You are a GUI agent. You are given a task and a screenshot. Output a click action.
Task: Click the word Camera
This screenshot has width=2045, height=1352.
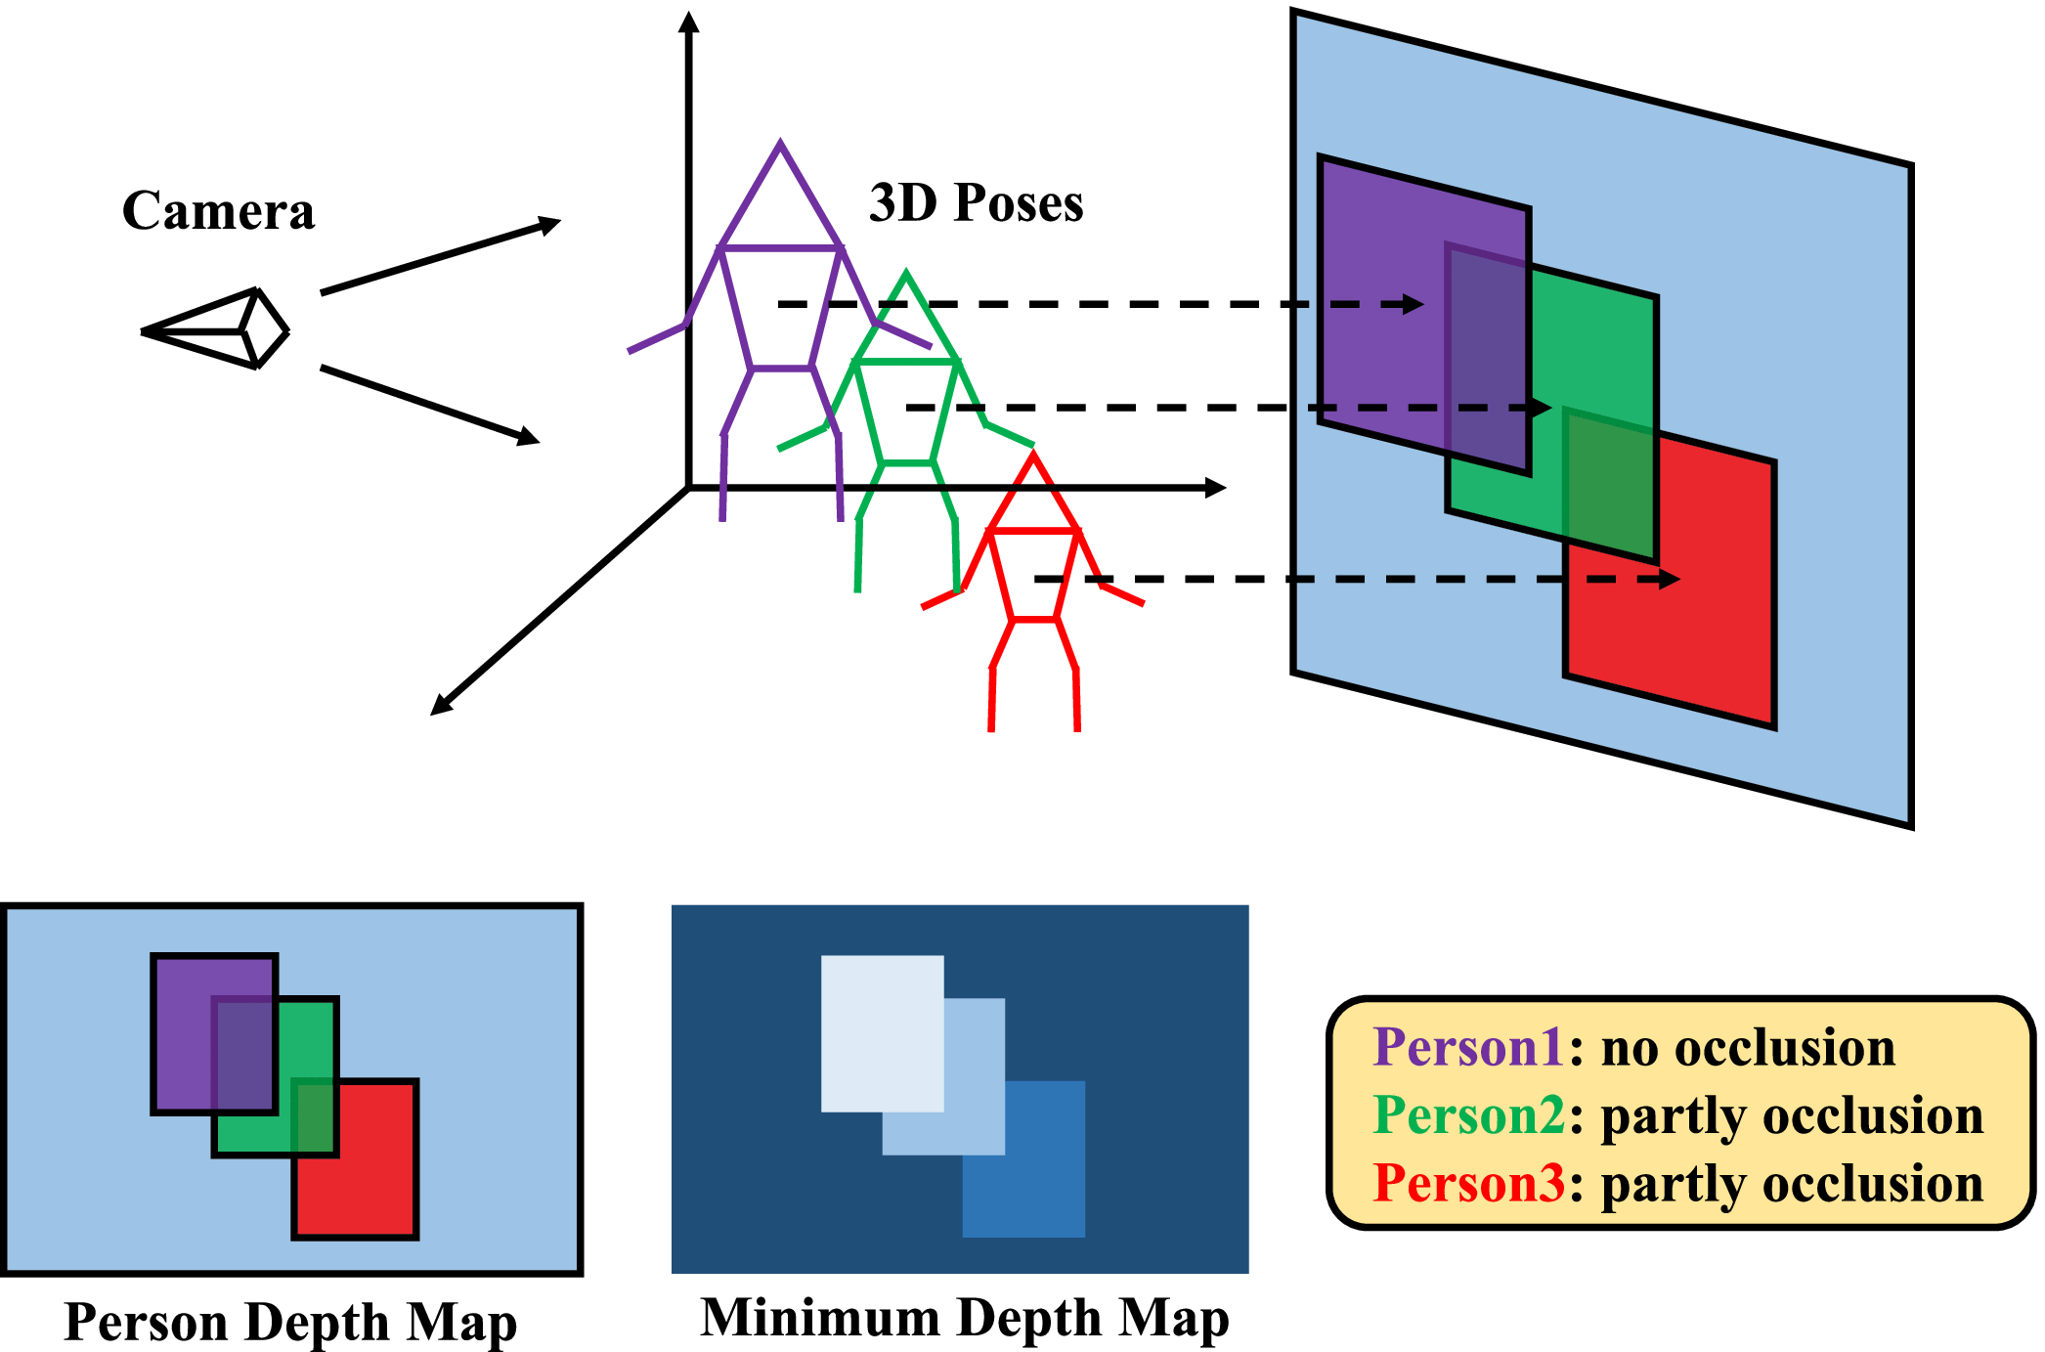point(218,211)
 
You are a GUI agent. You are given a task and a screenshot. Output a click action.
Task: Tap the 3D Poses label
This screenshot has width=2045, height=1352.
point(976,203)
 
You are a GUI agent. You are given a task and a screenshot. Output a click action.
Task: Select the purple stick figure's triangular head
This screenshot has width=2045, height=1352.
point(780,200)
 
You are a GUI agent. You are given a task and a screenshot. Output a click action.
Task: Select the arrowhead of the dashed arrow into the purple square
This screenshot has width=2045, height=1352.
point(1413,304)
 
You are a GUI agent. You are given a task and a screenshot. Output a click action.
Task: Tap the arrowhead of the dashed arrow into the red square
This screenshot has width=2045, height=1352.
point(1670,580)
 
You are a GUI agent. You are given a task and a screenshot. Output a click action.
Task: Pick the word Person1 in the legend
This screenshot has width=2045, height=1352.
point(1468,1047)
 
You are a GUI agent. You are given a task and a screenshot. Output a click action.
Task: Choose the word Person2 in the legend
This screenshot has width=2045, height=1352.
point(1468,1115)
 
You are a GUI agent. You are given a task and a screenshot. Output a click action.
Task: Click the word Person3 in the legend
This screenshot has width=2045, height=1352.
point(1468,1183)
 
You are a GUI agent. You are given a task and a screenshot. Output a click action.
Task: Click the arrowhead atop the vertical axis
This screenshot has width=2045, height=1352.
point(689,22)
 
